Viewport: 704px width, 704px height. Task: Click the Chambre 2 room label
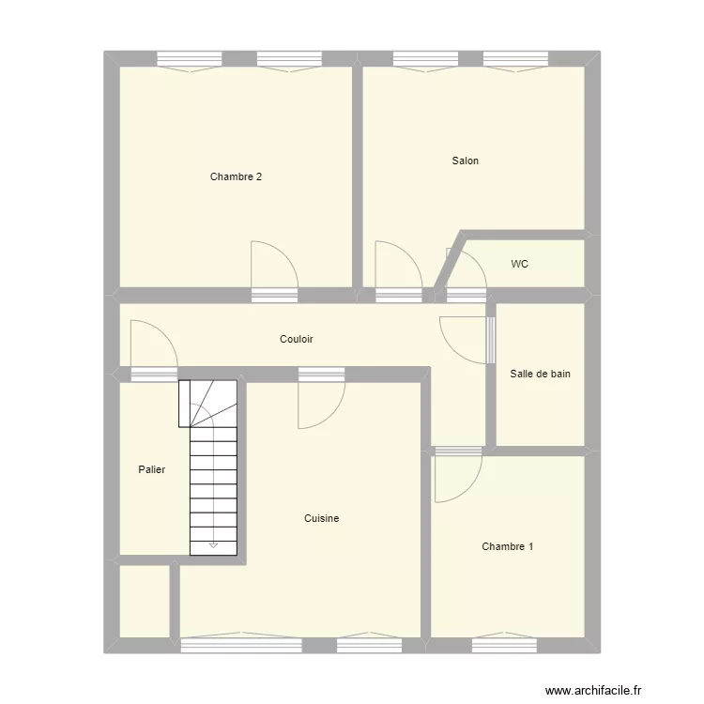tap(236, 176)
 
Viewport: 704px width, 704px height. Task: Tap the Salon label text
tap(465, 161)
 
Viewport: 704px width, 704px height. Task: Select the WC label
tap(519, 264)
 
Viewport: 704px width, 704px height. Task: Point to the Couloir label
tap(296, 339)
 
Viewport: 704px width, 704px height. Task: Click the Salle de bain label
tap(540, 374)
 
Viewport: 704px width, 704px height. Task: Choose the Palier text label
tap(151, 469)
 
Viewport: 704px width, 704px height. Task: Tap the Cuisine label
tap(321, 518)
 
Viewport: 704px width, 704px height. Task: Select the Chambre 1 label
tap(508, 546)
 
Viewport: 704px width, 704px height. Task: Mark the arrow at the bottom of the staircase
tap(213, 543)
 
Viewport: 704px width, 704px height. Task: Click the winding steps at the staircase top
tap(212, 404)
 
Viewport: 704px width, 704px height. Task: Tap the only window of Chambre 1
tap(504, 645)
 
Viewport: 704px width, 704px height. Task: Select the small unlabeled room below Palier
tap(144, 601)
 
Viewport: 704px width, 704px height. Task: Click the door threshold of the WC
tap(466, 295)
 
